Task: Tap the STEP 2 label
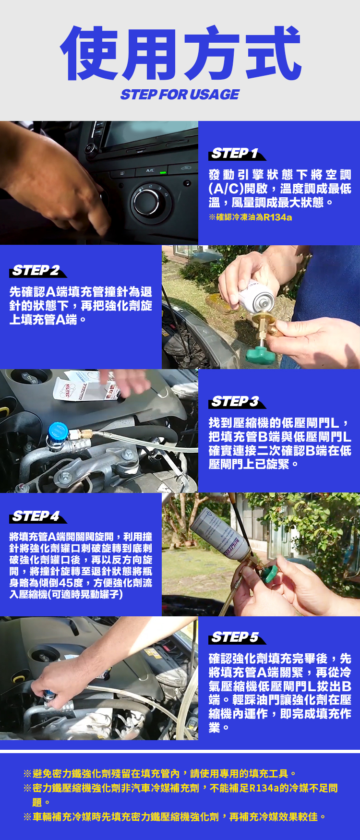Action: pos(38,271)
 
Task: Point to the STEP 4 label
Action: pos(38,516)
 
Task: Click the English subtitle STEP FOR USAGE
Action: pos(180,95)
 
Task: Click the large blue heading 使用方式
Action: pos(180,53)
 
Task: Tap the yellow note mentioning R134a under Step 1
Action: pos(251,217)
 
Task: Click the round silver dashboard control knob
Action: pos(146,200)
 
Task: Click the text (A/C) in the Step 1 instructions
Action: pos(226,189)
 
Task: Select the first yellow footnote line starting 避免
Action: pos(159,774)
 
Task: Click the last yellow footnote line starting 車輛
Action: pos(175,817)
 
